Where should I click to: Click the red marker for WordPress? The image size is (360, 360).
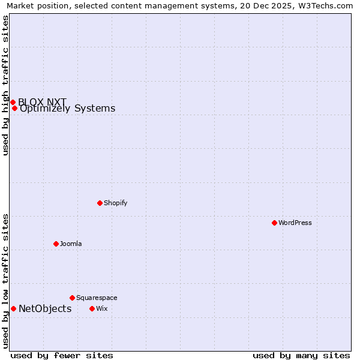pyautogui.click(x=274, y=223)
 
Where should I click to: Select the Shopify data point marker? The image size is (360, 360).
pyautogui.click(x=100, y=203)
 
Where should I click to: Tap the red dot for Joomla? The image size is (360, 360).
pyautogui.click(x=56, y=244)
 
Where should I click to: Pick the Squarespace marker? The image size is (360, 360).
pyautogui.click(x=72, y=298)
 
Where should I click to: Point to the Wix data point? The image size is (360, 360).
pyautogui.click(x=92, y=308)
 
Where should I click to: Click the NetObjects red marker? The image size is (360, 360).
pyautogui.click(x=13, y=308)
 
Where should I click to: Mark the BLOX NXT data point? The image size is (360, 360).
pyautogui.click(x=13, y=102)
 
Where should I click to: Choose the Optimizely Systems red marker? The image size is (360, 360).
pyautogui.click(x=14, y=109)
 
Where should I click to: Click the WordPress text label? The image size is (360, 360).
pyautogui.click(x=295, y=223)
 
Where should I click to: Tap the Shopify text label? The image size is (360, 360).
pyautogui.click(x=116, y=203)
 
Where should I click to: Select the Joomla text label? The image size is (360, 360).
pyautogui.click(x=71, y=244)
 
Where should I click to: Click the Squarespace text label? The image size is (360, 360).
pyautogui.click(x=97, y=298)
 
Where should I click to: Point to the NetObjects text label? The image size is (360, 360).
pyautogui.click(x=45, y=309)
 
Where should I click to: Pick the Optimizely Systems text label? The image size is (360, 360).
pyautogui.click(x=68, y=109)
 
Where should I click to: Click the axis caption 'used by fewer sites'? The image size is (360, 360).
pyautogui.click(x=62, y=355)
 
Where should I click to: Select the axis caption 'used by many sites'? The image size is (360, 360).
pyautogui.click(x=301, y=355)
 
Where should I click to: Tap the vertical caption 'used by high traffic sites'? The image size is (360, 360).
pyautogui.click(x=5, y=85)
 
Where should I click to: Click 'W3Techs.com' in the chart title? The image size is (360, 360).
pyautogui.click(x=328, y=5)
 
